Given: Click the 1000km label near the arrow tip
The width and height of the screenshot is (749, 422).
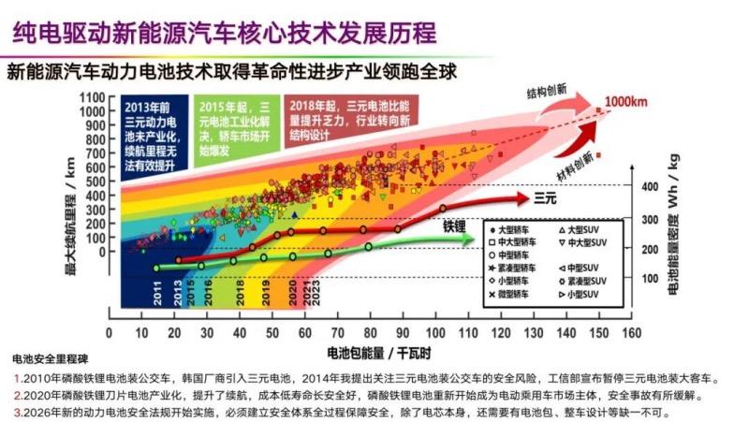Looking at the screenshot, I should point(624,101).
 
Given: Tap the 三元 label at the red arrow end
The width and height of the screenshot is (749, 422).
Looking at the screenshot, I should point(546,198).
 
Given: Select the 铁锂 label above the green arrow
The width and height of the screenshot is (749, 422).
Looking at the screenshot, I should point(453,226).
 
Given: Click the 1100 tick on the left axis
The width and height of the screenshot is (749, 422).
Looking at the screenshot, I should point(91,97).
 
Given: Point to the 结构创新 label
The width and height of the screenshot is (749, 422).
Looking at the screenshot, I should point(546,92).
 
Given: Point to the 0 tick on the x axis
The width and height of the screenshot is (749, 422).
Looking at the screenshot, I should point(110,331).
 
